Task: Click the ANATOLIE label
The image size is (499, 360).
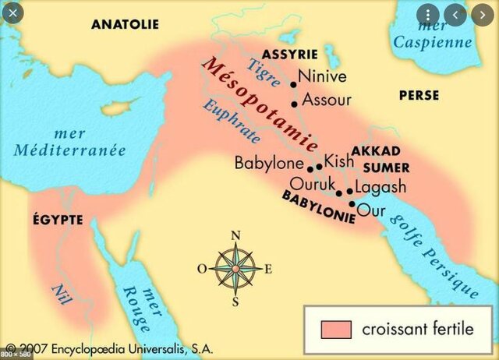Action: [125, 24]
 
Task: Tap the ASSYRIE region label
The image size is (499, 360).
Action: [289, 55]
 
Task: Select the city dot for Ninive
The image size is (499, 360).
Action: [293, 83]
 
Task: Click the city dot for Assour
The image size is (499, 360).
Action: [294, 104]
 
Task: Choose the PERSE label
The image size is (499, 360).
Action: [419, 95]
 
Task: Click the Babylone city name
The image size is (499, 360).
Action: [270, 164]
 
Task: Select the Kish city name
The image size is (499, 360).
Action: [338, 161]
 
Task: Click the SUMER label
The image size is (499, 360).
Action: [386, 167]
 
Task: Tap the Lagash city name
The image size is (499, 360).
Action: [380, 187]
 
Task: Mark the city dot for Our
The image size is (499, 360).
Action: [352, 204]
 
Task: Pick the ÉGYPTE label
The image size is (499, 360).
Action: [58, 220]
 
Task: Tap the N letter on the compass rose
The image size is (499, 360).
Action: [235, 235]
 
